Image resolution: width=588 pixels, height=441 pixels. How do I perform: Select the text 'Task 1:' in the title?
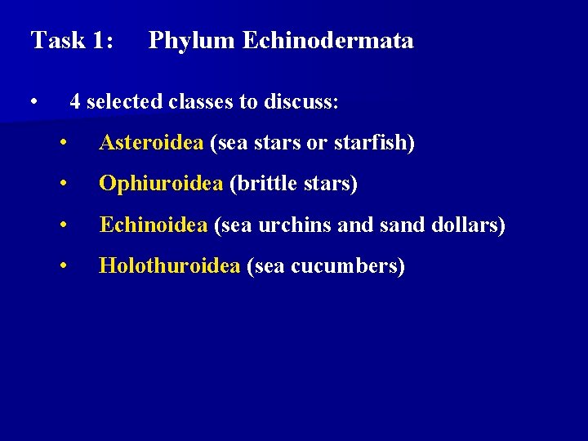(72, 40)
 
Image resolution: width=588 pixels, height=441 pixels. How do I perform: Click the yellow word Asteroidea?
(151, 143)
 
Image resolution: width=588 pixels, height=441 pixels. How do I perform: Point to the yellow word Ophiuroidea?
(161, 184)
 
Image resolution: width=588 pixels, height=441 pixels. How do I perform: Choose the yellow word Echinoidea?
(154, 225)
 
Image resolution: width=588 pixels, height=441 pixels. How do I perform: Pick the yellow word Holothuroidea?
(169, 265)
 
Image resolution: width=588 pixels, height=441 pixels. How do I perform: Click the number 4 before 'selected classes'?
(75, 102)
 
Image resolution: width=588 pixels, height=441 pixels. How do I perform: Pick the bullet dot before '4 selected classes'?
(33, 103)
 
